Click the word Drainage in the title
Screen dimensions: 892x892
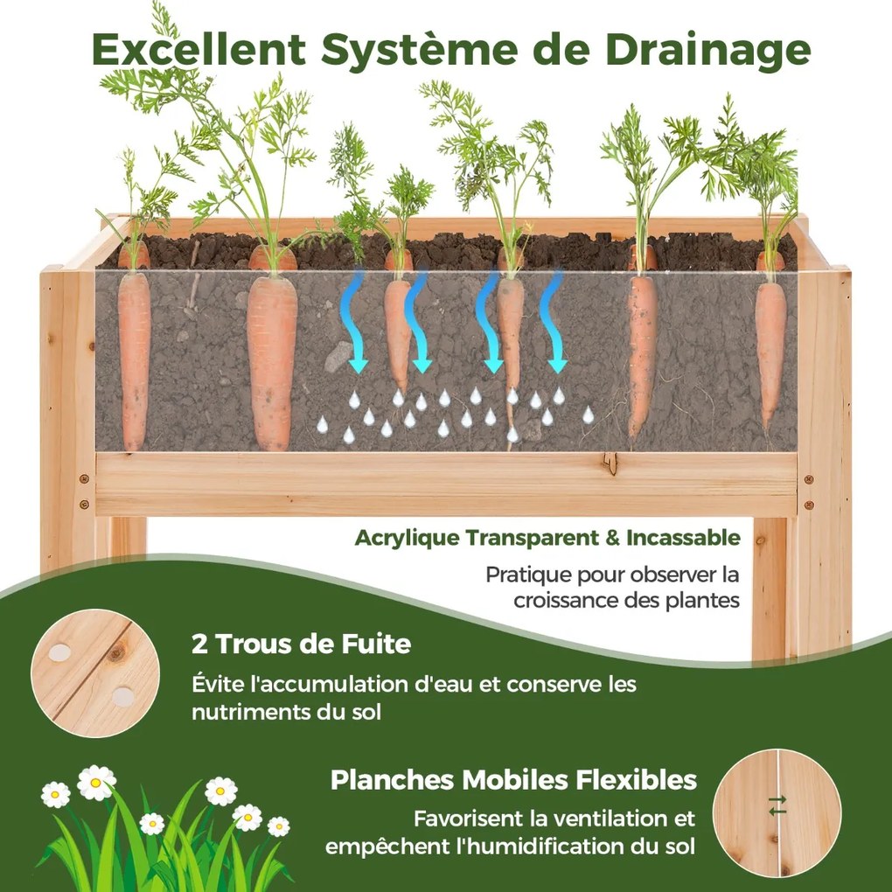coord(707,51)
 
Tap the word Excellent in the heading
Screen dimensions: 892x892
coord(199,49)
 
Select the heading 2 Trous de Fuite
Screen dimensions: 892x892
coord(302,645)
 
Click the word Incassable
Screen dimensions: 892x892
coord(683,538)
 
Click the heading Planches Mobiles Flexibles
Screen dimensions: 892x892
coord(513,780)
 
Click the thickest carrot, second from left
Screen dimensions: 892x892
coord(273,352)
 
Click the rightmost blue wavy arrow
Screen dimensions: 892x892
coord(553,322)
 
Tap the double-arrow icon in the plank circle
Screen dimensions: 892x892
coord(777,805)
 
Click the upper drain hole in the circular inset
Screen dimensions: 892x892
coord(59,652)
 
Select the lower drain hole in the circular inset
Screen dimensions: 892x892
coord(123,696)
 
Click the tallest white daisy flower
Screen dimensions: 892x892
coord(96,783)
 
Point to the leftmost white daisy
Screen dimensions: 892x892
coord(56,794)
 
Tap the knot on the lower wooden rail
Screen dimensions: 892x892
coord(610,463)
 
